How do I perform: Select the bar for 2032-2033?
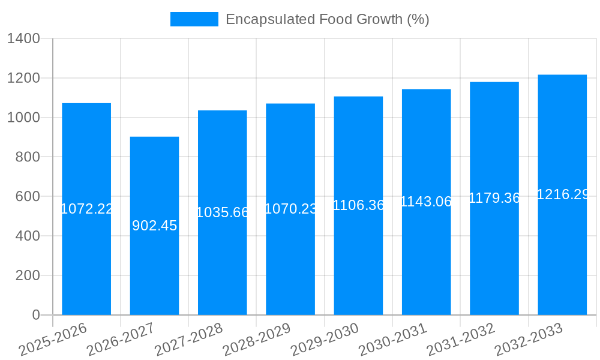[x=562, y=252]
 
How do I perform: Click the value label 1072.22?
[x=87, y=209]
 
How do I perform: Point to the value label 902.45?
[x=154, y=226]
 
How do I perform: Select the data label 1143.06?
[x=426, y=202]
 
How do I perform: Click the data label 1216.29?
[x=562, y=194]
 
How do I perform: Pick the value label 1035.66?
[x=223, y=212]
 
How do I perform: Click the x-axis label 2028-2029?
[x=257, y=340]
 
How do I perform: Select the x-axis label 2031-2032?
[x=461, y=340]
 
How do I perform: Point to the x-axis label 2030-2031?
[x=394, y=340]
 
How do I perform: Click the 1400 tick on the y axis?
[x=23, y=39]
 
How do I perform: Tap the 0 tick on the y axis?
[x=35, y=315]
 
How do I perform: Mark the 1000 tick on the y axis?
[x=23, y=118]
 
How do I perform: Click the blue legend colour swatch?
[x=194, y=19]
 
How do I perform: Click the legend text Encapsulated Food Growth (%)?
[x=327, y=19]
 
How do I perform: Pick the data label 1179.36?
[x=494, y=198]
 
